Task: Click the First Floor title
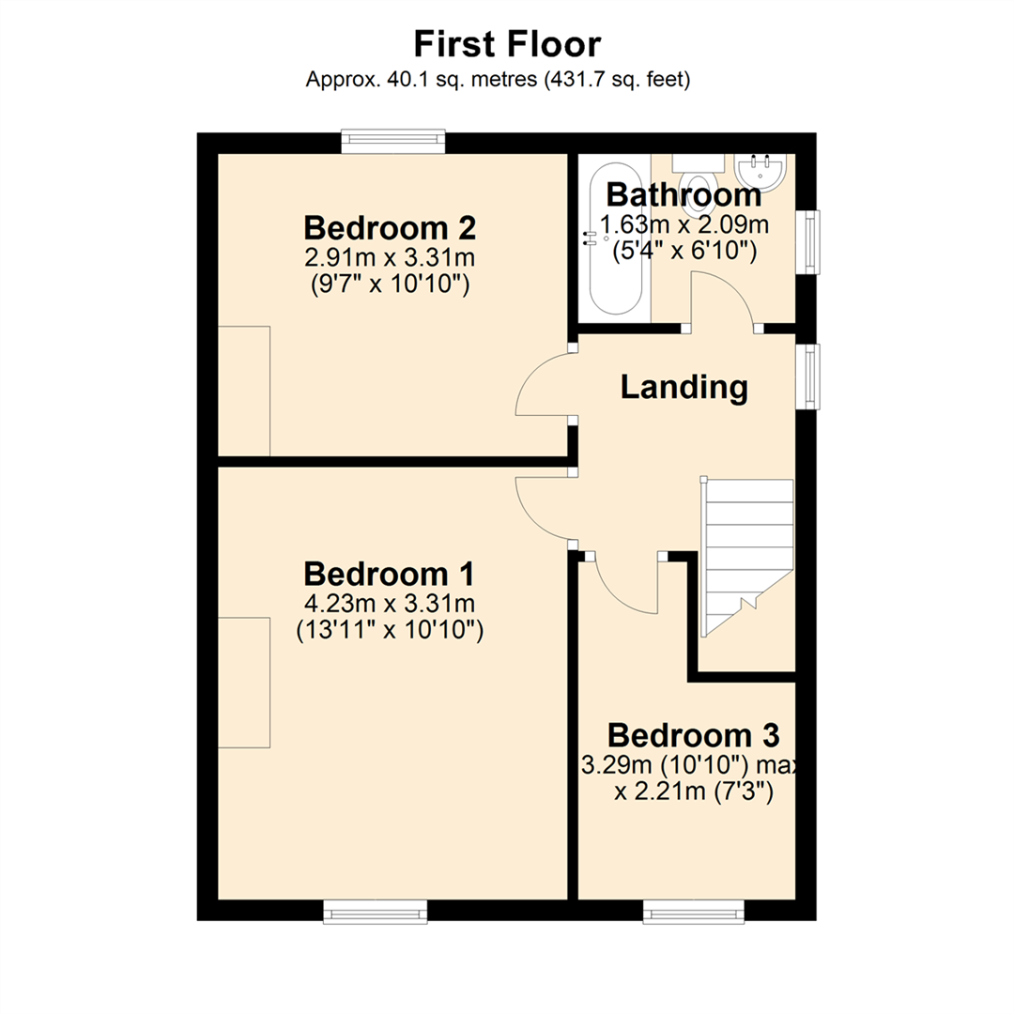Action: [507, 43]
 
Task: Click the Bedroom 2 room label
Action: [391, 227]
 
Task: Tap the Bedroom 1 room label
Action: [391, 572]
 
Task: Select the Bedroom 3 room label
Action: [693, 733]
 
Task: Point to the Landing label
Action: [684, 386]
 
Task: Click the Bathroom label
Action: [684, 195]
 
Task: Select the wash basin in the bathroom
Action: [760, 170]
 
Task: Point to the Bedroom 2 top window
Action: [392, 142]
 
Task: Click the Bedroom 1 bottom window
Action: [376, 911]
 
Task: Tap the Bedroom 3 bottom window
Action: [694, 911]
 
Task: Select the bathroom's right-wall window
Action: [807, 241]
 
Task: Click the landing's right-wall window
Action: [807, 376]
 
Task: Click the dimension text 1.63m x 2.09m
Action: [684, 225]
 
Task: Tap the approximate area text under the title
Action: [499, 81]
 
